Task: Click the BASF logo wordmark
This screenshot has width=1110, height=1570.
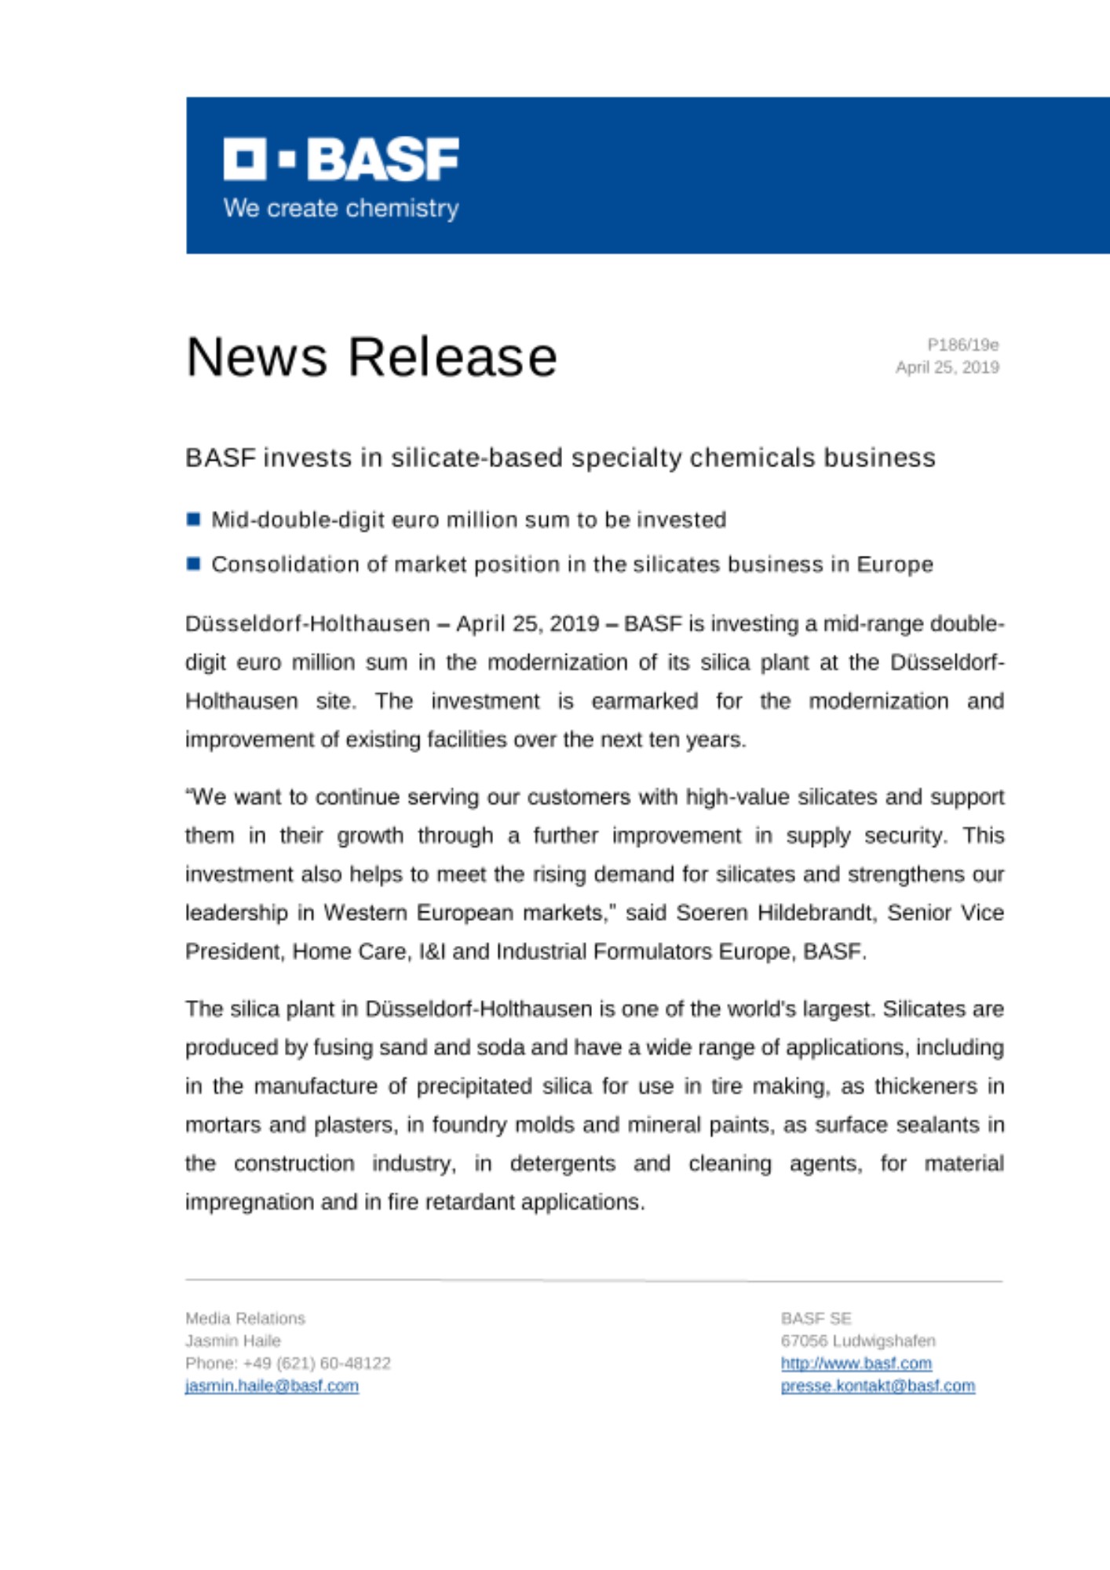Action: tap(382, 159)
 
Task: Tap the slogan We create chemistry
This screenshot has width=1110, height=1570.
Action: tap(341, 208)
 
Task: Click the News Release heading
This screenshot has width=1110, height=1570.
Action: tap(371, 357)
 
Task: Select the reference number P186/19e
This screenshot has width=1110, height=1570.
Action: tap(962, 345)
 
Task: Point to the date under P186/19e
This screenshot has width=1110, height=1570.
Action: tap(947, 367)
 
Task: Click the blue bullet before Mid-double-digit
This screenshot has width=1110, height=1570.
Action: tap(194, 519)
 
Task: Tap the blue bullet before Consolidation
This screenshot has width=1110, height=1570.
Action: tap(194, 564)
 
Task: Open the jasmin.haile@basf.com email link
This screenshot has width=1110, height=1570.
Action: tap(272, 1386)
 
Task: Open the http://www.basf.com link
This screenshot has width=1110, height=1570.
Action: tap(856, 1364)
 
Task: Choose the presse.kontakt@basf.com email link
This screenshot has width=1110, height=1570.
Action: tap(878, 1386)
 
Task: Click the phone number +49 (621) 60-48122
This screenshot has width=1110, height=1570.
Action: tap(316, 1364)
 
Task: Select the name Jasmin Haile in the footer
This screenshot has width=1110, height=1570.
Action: tap(233, 1341)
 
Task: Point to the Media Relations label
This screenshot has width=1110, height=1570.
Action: tap(245, 1318)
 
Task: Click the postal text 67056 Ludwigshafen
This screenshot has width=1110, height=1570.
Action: tap(858, 1341)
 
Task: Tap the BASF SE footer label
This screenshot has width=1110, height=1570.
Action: tap(816, 1318)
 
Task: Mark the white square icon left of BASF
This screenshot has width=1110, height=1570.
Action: tap(244, 159)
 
